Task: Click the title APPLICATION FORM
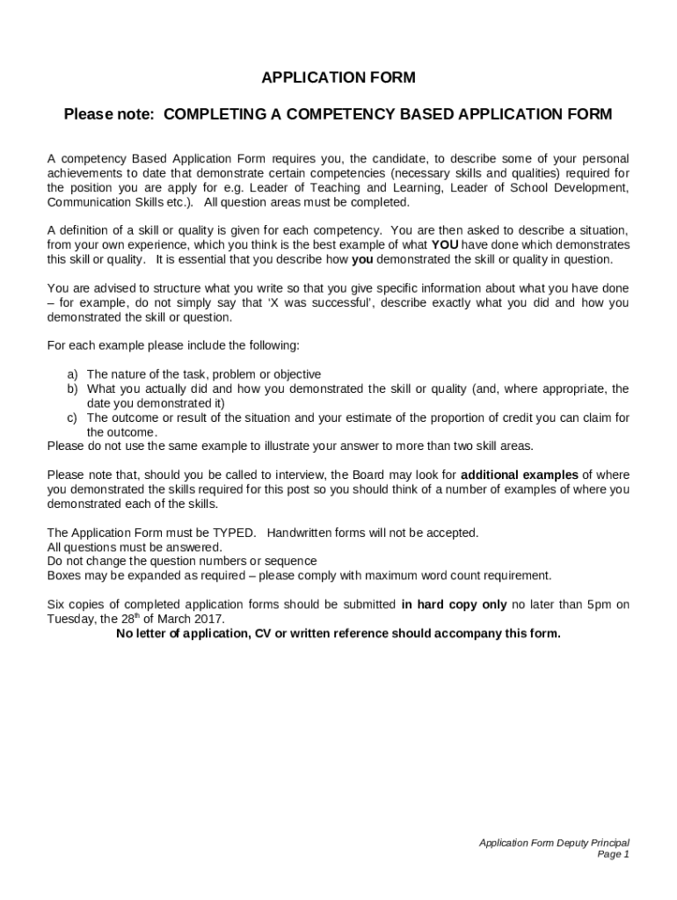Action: [338, 78]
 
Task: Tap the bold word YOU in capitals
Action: [445, 244]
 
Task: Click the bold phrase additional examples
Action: [519, 475]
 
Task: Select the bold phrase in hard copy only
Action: [454, 604]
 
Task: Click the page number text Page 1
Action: [613, 853]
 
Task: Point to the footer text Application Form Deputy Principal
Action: [554, 842]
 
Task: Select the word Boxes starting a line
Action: [64, 576]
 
